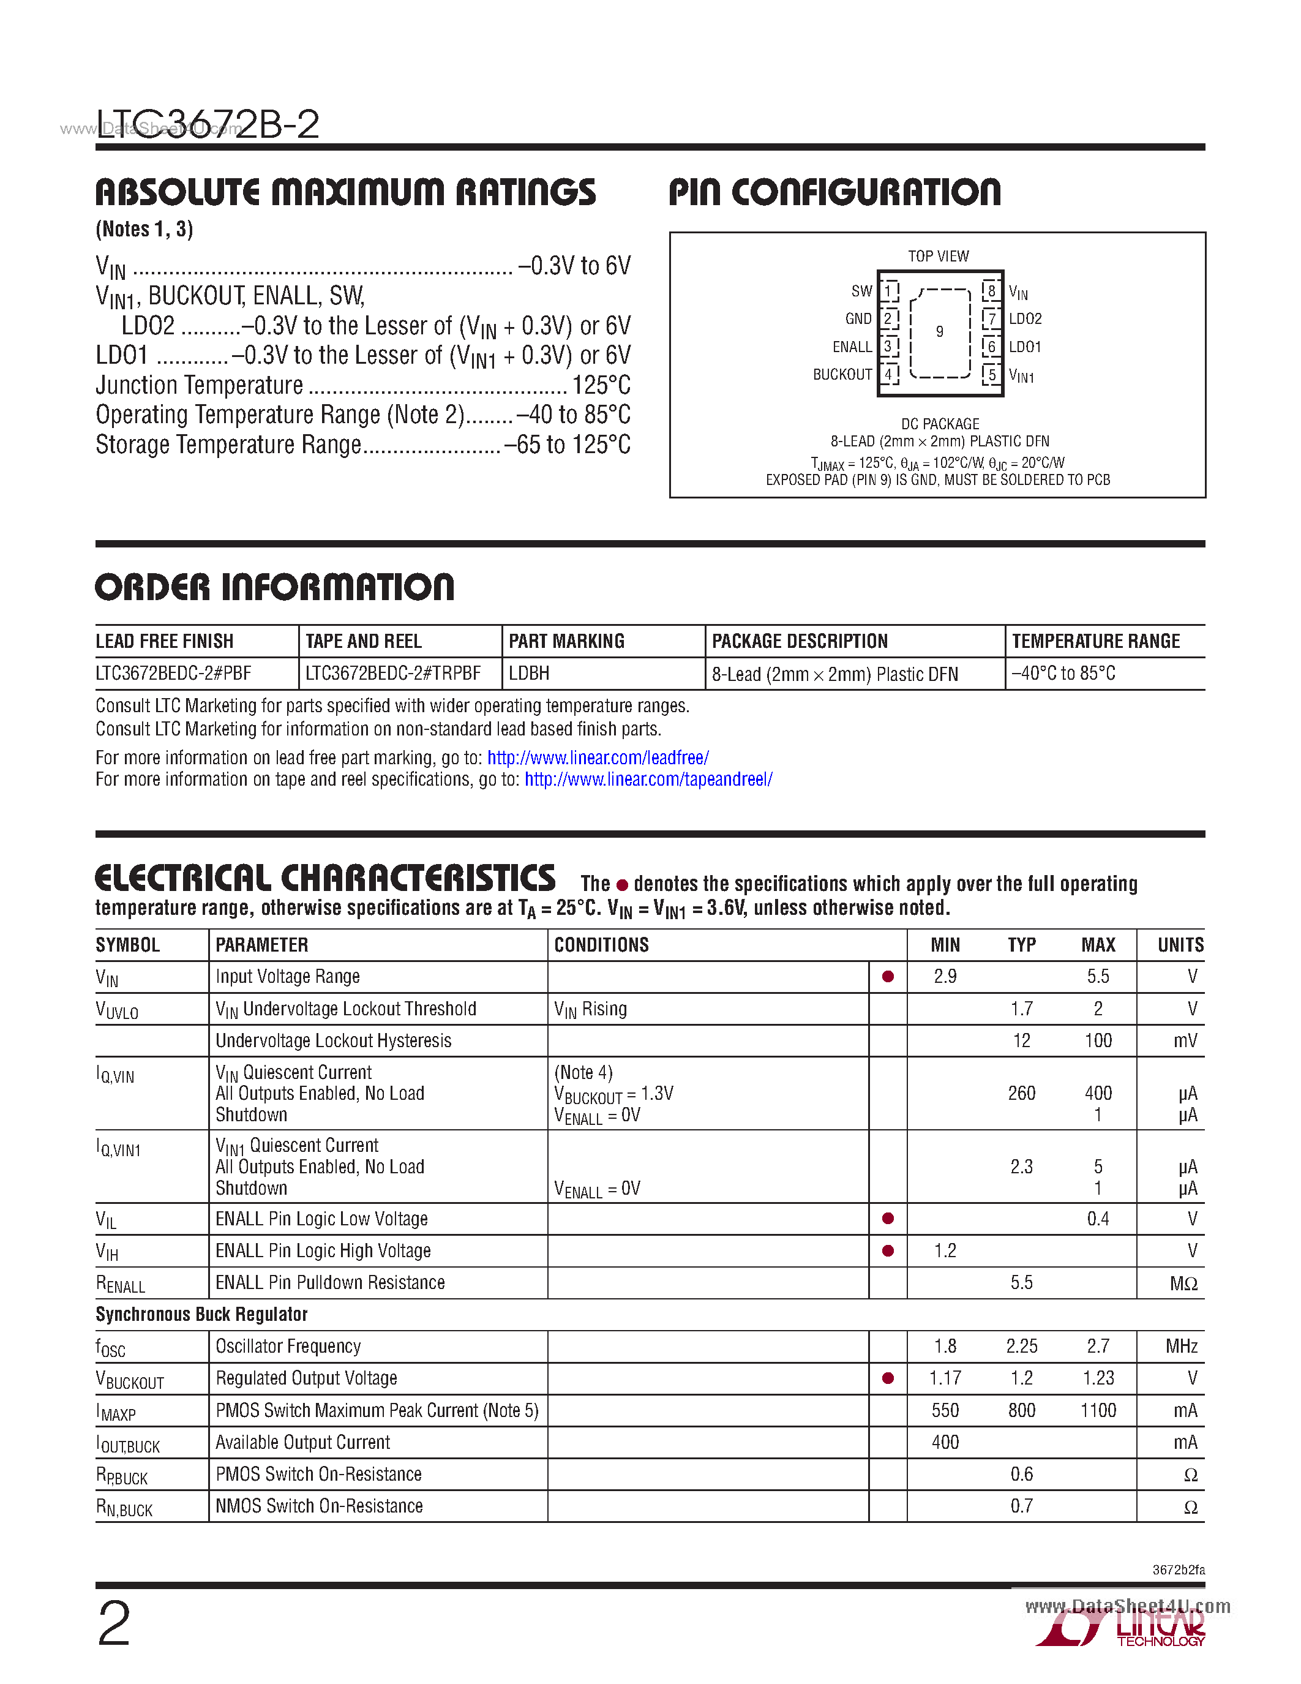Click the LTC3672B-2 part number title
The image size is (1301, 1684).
coord(208,124)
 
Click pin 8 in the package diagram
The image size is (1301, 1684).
coord(991,291)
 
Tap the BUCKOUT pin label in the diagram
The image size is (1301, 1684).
coord(842,375)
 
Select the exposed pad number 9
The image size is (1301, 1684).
coord(940,331)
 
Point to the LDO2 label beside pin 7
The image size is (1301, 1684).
coord(1025,319)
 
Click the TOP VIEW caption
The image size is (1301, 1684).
coord(938,256)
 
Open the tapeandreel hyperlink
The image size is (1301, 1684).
coord(648,780)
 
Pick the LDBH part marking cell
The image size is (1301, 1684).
coord(529,673)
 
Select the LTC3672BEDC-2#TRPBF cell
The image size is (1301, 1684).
coord(393,673)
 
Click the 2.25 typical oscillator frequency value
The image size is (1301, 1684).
coord(1021,1346)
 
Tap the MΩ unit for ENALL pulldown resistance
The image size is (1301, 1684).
coord(1183,1283)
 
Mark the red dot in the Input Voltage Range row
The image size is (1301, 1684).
coord(888,977)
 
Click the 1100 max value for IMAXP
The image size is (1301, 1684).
coord(1098,1410)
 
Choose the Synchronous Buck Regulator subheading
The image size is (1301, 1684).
coord(201,1315)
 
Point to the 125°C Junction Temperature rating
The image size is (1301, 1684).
coord(601,385)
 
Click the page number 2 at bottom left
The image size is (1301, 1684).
coord(114,1624)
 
